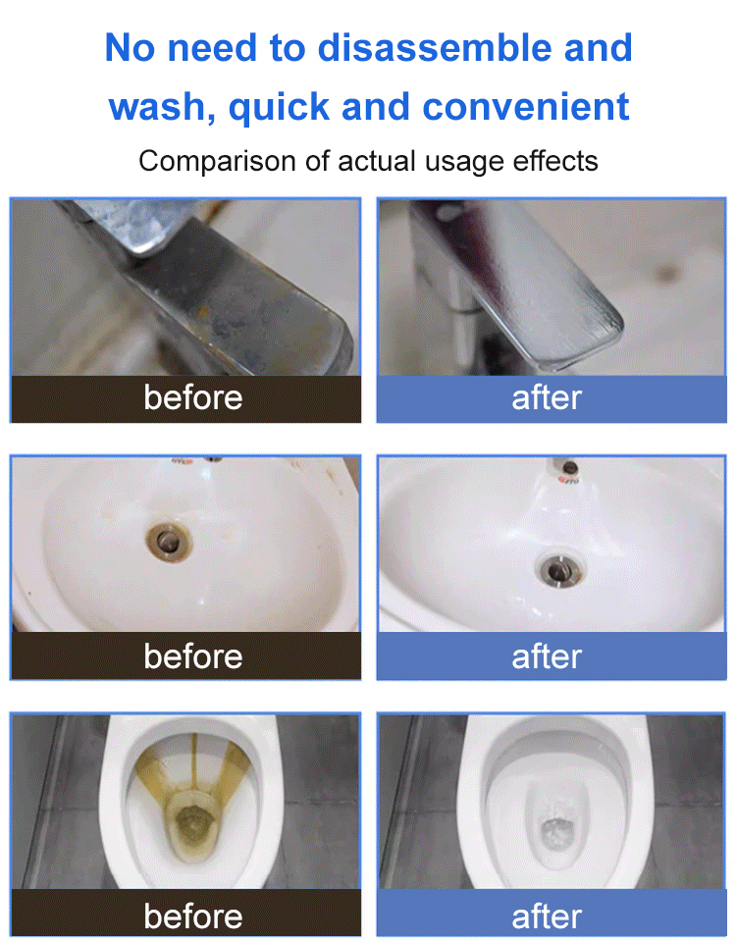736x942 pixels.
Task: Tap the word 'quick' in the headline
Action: point(281,106)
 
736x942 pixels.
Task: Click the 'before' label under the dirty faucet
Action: point(192,398)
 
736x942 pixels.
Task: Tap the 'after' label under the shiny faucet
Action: point(547,398)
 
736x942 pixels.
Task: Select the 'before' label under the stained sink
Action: point(192,656)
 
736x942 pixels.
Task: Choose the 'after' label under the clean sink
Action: point(547,656)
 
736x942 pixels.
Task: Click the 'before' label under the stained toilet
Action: point(192,916)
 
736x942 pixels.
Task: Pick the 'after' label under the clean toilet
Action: point(547,916)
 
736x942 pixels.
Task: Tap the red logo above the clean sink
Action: point(568,481)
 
